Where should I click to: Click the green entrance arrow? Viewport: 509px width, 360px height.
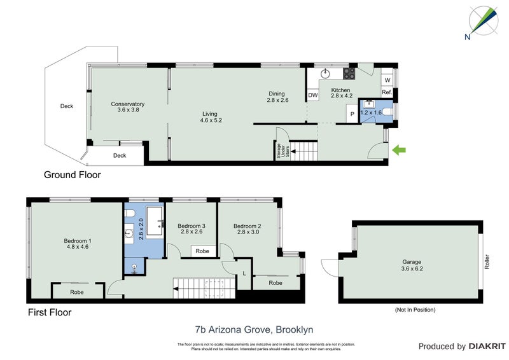400,150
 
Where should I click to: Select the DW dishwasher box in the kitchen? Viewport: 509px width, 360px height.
312,95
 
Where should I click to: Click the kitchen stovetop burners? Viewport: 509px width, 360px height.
347,73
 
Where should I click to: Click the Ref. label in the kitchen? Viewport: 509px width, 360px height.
386,93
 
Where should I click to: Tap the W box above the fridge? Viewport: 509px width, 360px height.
386,80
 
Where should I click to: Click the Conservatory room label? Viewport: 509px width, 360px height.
127,107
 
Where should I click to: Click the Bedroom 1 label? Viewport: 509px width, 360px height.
78,244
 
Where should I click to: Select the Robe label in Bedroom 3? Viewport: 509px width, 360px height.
202,251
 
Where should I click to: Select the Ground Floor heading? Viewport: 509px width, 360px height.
72,174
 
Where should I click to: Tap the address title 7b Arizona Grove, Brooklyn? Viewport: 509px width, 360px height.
254,329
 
